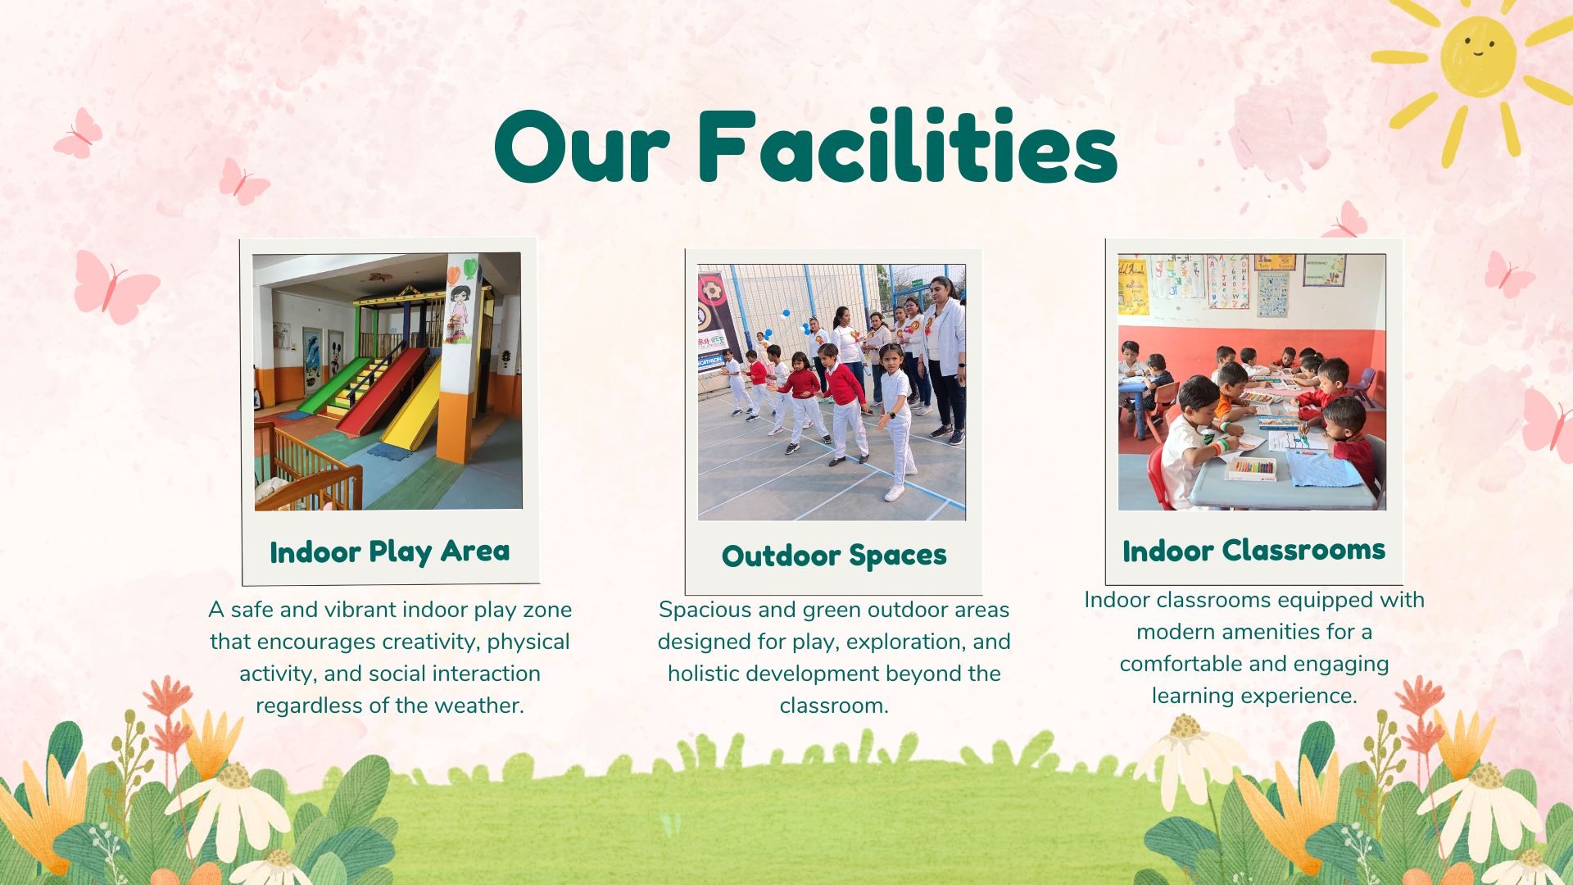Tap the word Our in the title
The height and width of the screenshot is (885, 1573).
(x=583, y=147)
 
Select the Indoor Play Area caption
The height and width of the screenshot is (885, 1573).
(x=390, y=551)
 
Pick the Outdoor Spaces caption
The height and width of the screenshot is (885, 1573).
(x=834, y=556)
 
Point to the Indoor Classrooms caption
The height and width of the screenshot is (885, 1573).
(x=1253, y=550)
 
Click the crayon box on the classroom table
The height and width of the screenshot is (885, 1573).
(x=1250, y=469)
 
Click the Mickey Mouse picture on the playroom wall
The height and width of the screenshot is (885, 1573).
(x=335, y=355)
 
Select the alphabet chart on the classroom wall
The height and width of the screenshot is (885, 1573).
(x=1227, y=281)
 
